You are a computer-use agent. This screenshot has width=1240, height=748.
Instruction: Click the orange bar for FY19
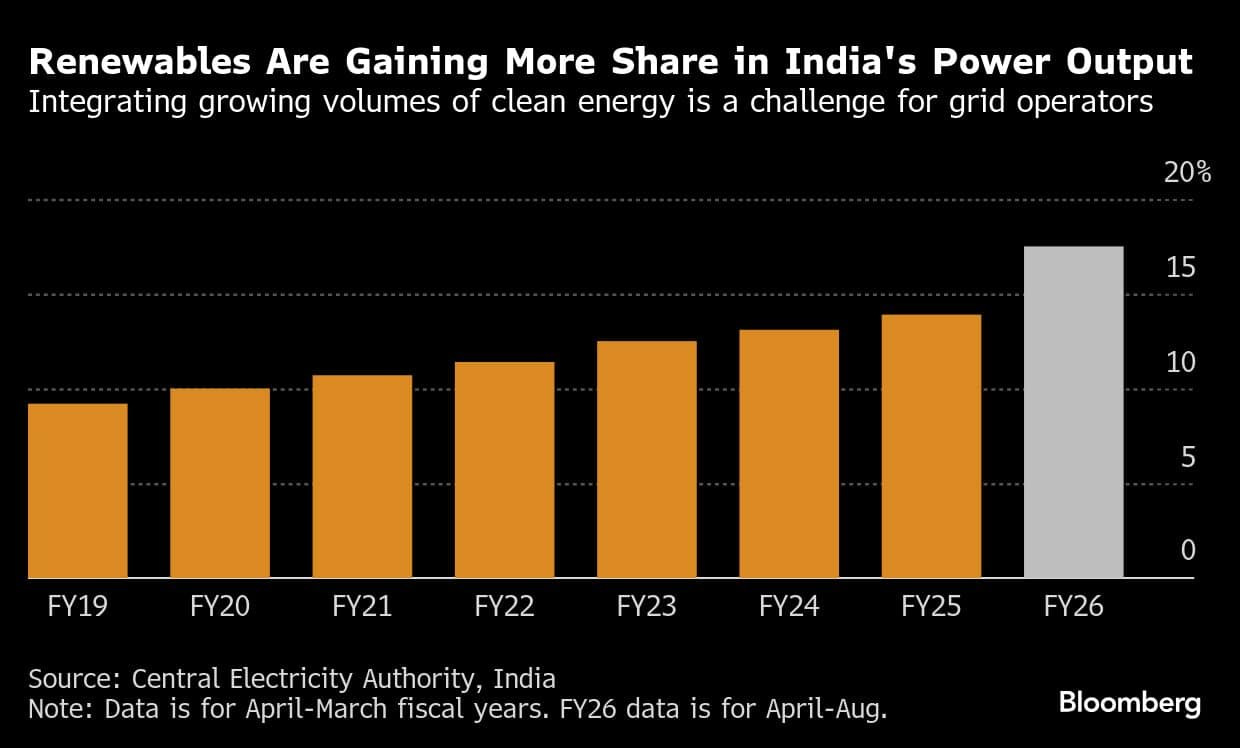click(x=78, y=491)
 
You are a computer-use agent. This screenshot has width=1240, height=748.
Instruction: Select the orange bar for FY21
click(x=362, y=477)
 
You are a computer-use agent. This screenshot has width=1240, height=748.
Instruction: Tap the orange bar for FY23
click(x=646, y=460)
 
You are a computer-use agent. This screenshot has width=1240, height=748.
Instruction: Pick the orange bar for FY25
click(x=931, y=447)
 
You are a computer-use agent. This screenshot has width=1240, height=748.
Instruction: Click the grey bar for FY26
click(x=1073, y=412)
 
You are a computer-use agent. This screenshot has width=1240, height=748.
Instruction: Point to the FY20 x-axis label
click(x=220, y=606)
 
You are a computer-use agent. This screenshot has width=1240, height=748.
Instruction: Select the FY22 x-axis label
click(x=504, y=606)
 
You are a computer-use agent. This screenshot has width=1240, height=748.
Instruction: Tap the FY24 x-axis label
click(x=789, y=606)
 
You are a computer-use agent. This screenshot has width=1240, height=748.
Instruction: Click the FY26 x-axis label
click(x=1073, y=606)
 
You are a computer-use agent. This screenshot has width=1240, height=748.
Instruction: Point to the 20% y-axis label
click(x=1187, y=172)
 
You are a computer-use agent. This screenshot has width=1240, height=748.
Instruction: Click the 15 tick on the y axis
click(x=1181, y=267)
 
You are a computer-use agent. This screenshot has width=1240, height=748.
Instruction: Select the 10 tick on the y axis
click(x=1181, y=362)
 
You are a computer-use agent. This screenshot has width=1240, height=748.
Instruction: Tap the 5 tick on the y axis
click(x=1187, y=457)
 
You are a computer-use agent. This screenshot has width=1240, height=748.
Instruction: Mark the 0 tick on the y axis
click(x=1187, y=551)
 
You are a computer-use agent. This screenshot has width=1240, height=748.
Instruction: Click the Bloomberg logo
click(x=1129, y=703)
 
